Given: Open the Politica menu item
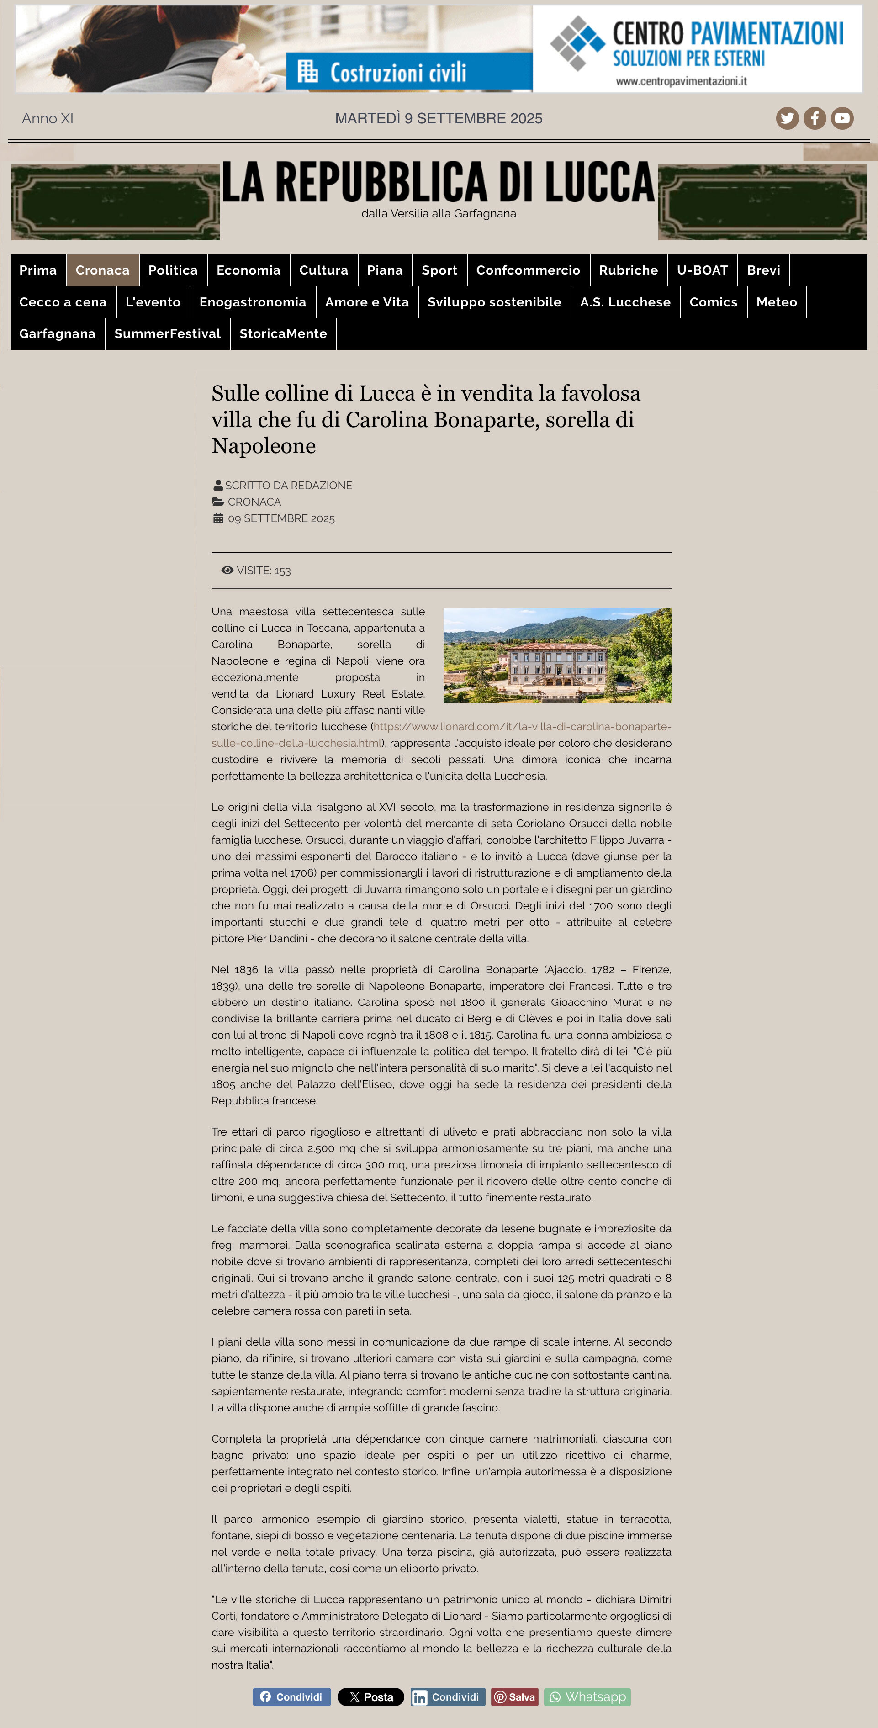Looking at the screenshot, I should click(x=173, y=270).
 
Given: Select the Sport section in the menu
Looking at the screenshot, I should click(x=439, y=270).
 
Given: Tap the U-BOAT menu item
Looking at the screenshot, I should click(x=702, y=270).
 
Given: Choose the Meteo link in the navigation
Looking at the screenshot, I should click(x=776, y=302).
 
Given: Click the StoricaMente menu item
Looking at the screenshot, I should click(x=283, y=333).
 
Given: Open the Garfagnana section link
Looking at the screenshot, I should click(x=58, y=333).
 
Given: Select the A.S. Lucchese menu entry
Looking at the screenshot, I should click(x=625, y=302).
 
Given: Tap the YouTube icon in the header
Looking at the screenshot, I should click(x=842, y=118).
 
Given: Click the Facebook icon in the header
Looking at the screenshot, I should click(x=815, y=118).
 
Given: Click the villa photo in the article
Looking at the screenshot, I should click(x=557, y=655).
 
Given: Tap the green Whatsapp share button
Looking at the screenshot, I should click(x=587, y=1696).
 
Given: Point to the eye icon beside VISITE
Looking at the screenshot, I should click(x=227, y=570).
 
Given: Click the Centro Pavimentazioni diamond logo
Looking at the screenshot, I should click(x=577, y=42).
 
